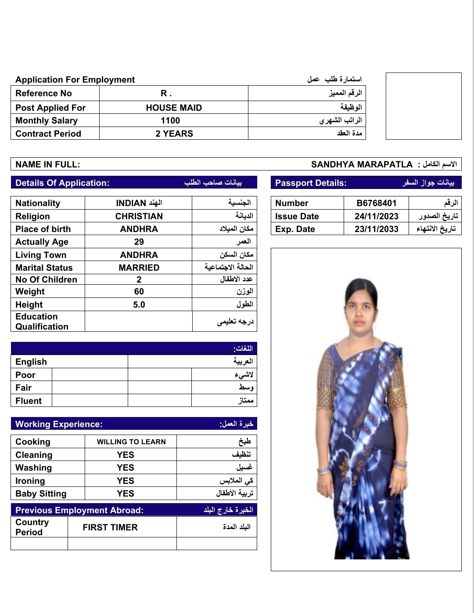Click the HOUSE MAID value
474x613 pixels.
point(174,108)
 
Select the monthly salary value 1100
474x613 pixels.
point(170,120)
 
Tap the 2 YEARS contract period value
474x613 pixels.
point(174,134)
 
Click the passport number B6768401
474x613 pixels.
point(376,203)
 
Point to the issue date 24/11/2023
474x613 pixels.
point(376,216)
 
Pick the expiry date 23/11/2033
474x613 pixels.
point(376,229)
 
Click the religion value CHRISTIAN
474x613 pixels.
point(139,216)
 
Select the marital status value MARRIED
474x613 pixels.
point(139,268)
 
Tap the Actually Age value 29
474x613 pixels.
point(139,242)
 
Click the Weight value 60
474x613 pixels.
point(139,291)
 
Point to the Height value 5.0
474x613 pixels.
point(139,305)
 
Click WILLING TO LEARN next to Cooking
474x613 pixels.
point(131,442)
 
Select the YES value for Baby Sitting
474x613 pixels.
point(126,493)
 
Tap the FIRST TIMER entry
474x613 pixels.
point(110,527)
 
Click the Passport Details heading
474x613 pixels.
point(311,183)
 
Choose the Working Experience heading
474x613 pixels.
point(59,424)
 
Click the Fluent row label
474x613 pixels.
point(29,401)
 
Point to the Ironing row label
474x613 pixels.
point(30,481)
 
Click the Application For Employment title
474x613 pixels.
point(75,80)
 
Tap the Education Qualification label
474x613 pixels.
point(42,321)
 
